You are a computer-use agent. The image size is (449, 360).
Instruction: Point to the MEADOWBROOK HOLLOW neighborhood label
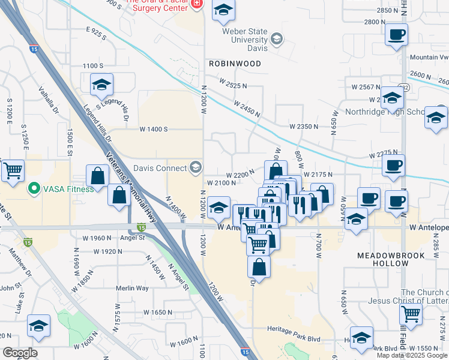pos(391,259)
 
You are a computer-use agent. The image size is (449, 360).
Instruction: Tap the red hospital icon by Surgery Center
pos(196,4)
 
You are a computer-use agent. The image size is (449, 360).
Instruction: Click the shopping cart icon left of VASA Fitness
pos(13,172)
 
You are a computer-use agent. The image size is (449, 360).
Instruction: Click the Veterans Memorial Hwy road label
pos(133,185)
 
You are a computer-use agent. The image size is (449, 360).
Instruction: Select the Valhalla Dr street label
pos(49,101)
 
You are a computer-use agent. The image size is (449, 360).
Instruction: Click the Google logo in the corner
pos(20,353)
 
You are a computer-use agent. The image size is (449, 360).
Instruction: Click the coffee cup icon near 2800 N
pos(396,35)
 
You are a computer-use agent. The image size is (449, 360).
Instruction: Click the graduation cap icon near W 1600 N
pos(39,326)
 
